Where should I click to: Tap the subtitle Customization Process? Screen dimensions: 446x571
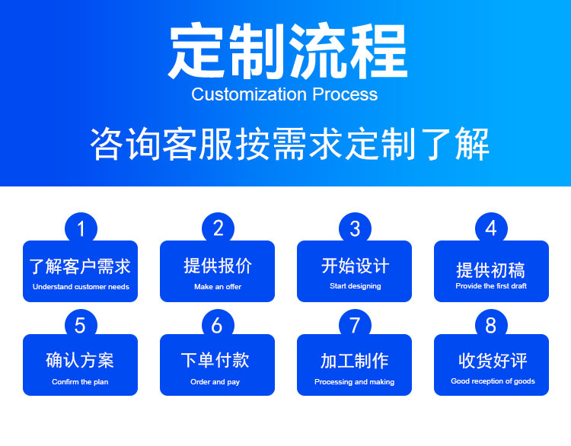tap(285, 94)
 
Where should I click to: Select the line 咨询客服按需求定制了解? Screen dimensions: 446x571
tap(289, 144)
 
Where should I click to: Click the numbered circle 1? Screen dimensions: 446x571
tap(81, 228)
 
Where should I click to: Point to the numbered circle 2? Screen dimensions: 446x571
tap(218, 228)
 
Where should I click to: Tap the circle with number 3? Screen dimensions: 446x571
tap(355, 228)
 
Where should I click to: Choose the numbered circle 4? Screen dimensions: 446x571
tap(491, 228)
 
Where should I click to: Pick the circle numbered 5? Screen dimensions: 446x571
tap(81, 326)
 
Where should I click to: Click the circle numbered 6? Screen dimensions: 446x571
tap(218, 326)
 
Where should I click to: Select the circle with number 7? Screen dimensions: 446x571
tap(355, 326)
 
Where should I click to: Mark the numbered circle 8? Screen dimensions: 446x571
tap(491, 326)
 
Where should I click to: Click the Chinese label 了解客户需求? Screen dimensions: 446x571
tap(81, 266)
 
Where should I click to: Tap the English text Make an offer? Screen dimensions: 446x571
tap(218, 287)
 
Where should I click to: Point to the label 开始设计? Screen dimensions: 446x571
tap(355, 266)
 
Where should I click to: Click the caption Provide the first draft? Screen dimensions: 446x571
tap(491, 286)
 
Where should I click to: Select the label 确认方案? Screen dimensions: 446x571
tap(81, 360)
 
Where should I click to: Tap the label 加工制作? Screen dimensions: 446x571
tap(355, 361)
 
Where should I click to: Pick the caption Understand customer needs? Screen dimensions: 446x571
tap(81, 287)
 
